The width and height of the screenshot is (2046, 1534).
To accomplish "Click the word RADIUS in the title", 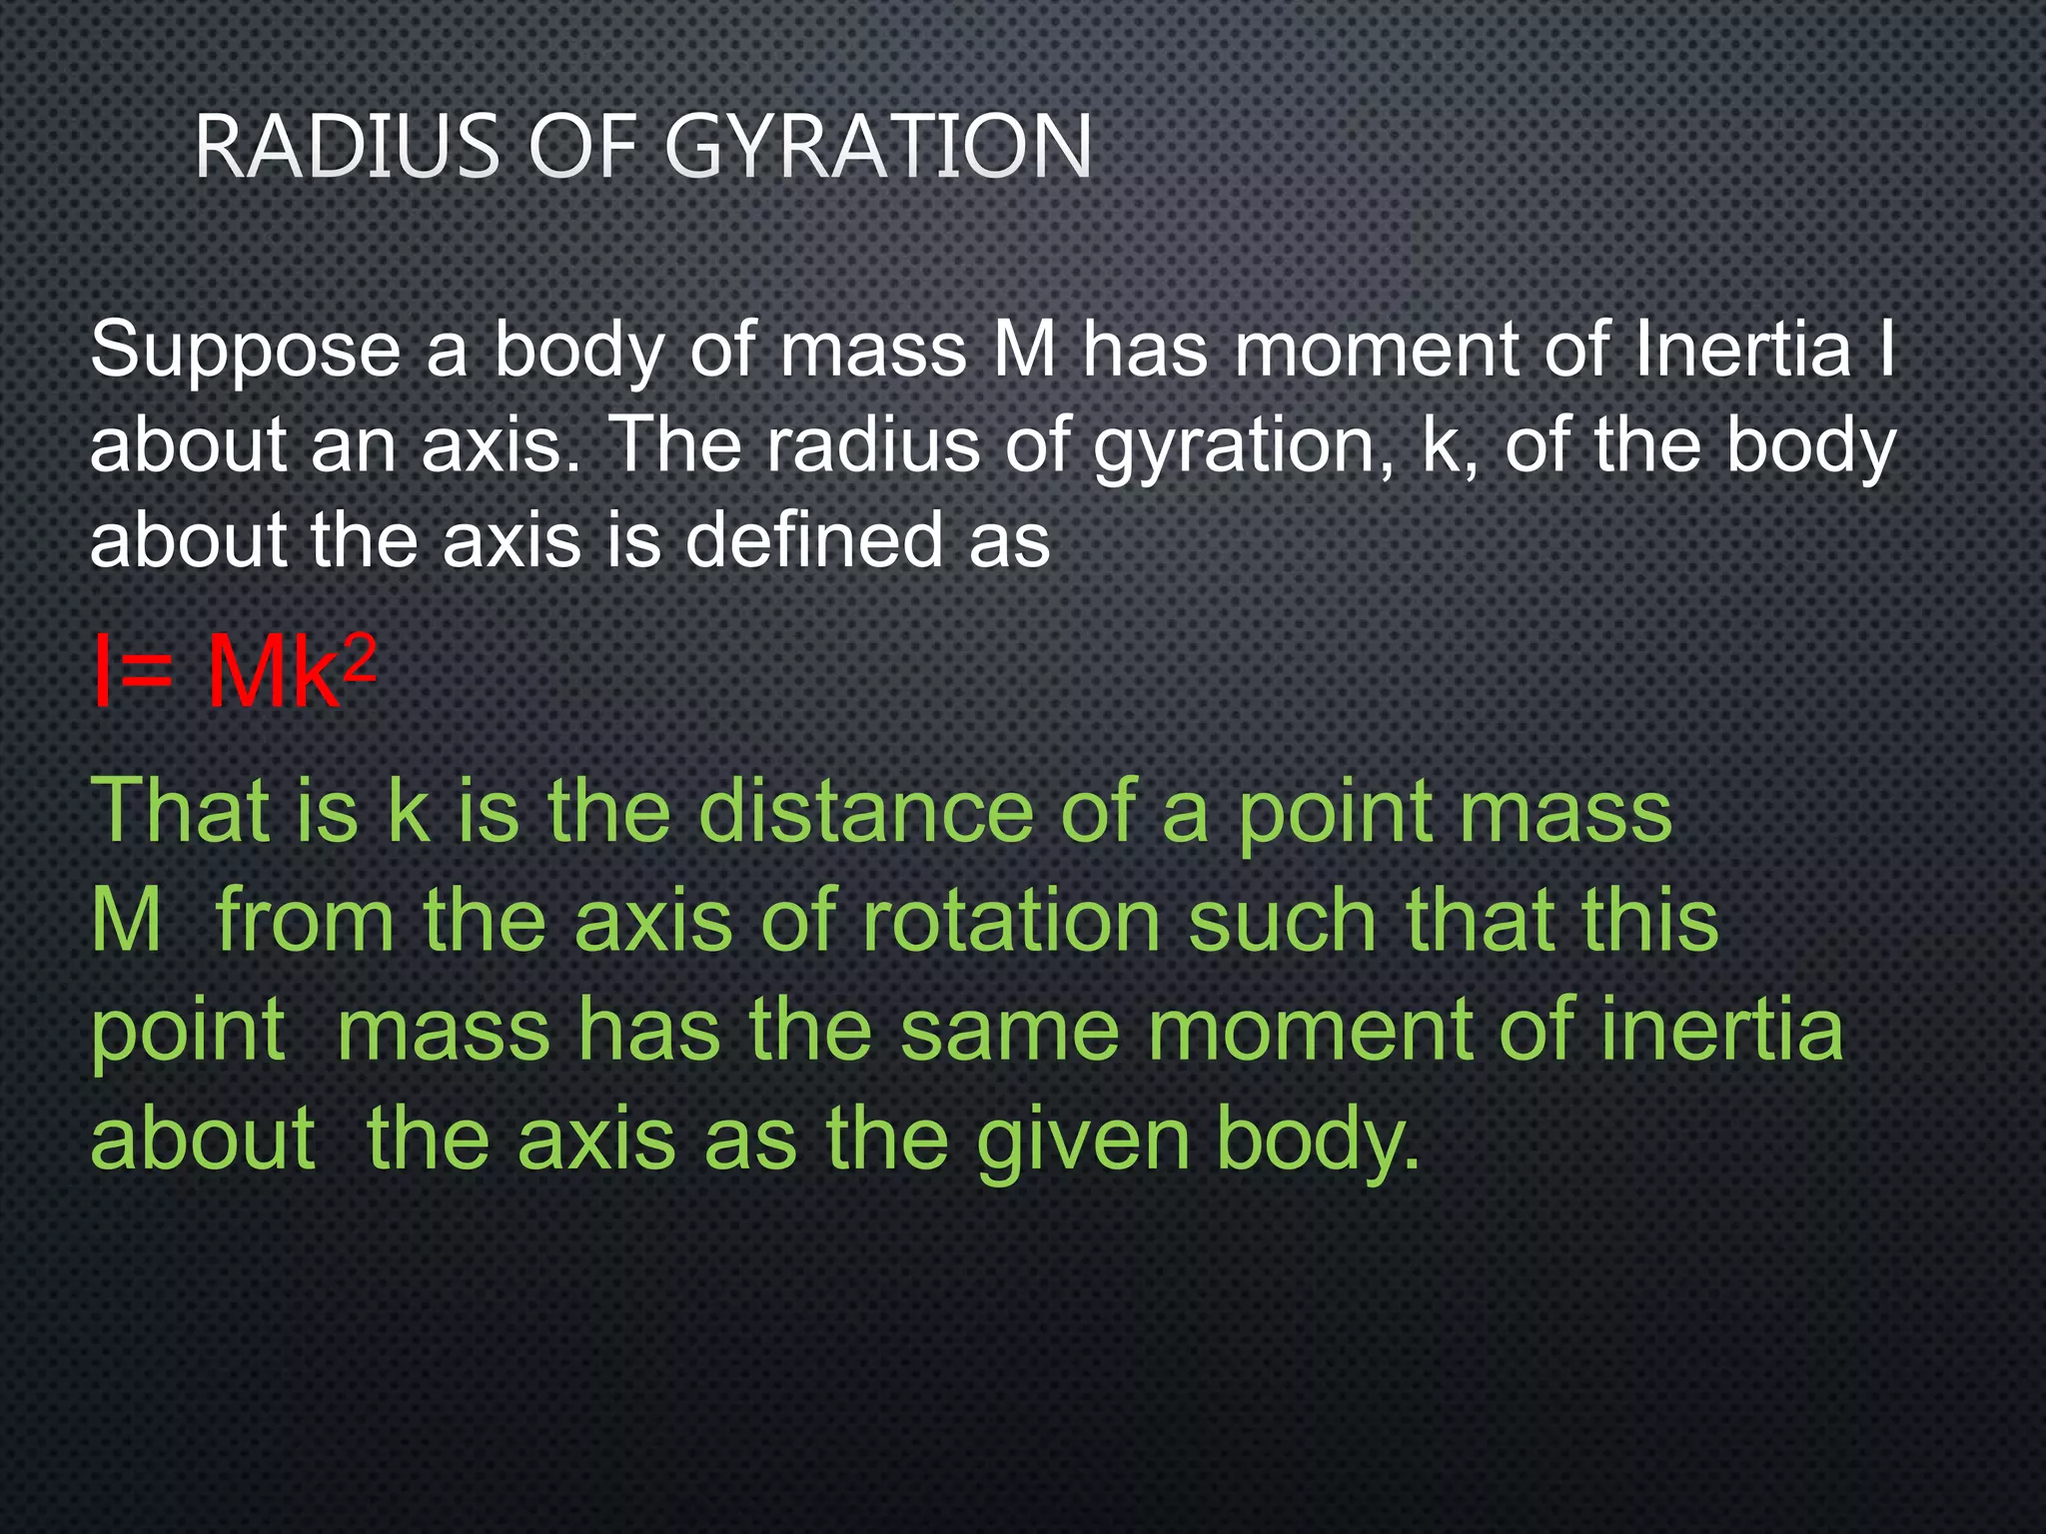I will click(346, 147).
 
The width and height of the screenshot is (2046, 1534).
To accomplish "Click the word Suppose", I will click(246, 352).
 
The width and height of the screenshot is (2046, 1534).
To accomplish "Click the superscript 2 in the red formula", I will click(360, 659).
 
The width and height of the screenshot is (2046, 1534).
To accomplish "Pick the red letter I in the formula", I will click(100, 673).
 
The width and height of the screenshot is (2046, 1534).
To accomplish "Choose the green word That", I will click(180, 810).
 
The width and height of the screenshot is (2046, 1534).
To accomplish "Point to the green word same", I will click(1009, 1031).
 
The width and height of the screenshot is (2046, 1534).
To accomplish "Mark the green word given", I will click(1083, 1143).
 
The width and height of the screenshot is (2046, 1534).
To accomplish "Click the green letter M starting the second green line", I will click(126, 921).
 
